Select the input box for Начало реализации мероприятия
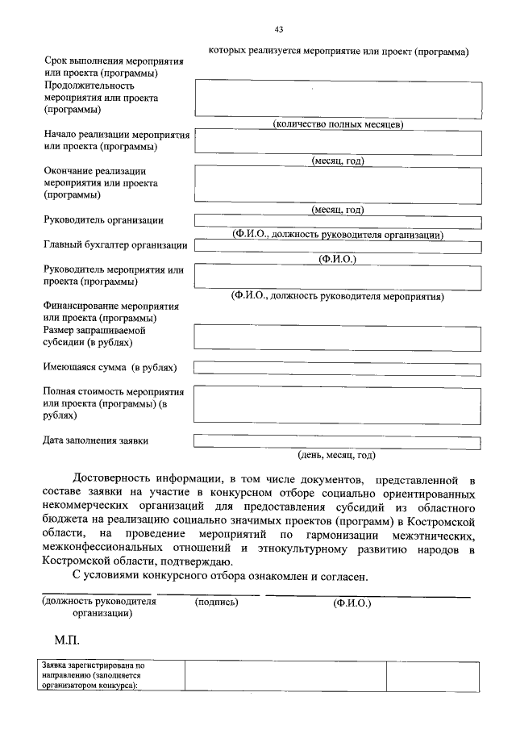(337, 141)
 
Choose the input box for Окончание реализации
(337, 184)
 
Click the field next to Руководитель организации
(337, 221)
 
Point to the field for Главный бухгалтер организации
(337, 246)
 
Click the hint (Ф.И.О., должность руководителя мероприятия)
(337, 296)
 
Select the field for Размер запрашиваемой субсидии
(337, 337)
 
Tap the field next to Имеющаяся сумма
(337, 368)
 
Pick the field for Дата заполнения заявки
(337, 441)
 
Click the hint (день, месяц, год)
(337, 454)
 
